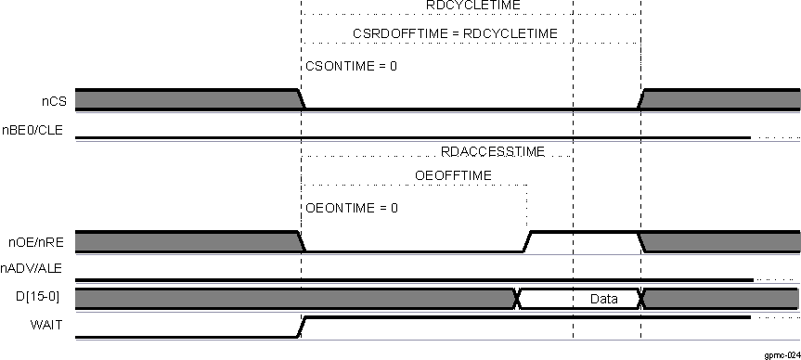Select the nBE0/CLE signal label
click(x=32, y=130)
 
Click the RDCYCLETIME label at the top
click(x=472, y=6)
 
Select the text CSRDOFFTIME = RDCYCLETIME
click(x=454, y=34)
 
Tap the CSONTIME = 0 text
click(x=351, y=67)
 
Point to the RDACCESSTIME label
click(x=493, y=151)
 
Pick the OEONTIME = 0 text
click(x=351, y=208)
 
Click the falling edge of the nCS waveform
click(x=300, y=99)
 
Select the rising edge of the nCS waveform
click(x=641, y=99)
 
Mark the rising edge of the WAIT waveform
click(x=301, y=326)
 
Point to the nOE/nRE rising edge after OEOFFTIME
click(x=527, y=241)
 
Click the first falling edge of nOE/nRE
click(x=301, y=241)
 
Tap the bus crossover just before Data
click(x=517, y=299)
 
